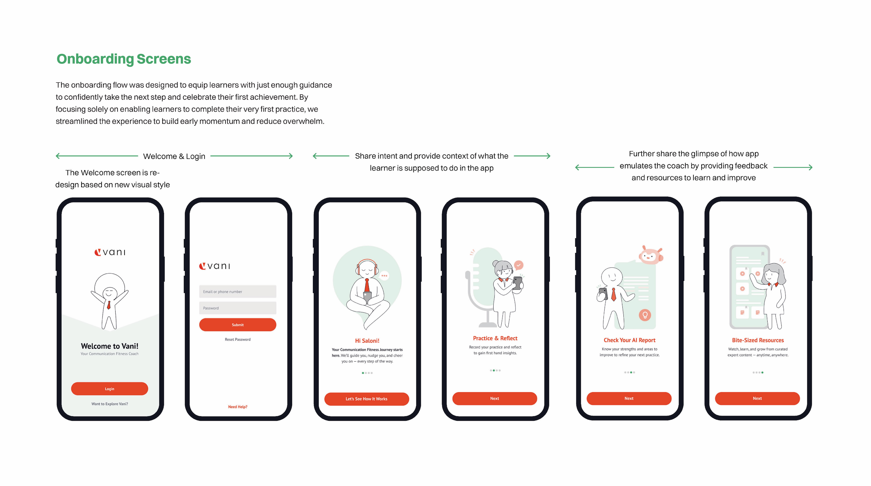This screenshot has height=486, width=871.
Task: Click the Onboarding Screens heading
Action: click(124, 59)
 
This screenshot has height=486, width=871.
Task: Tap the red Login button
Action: click(110, 389)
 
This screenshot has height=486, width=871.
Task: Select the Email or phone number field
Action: click(238, 292)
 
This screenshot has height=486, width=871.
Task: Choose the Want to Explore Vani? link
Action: click(110, 404)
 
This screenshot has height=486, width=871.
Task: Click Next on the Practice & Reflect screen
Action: click(495, 398)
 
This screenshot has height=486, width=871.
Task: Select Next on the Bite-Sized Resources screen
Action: click(757, 398)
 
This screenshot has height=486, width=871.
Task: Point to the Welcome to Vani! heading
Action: click(110, 346)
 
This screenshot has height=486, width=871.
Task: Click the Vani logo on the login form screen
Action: click(215, 266)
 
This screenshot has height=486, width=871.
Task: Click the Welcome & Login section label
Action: click(174, 156)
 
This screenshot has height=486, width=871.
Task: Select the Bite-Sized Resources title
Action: click(758, 340)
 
